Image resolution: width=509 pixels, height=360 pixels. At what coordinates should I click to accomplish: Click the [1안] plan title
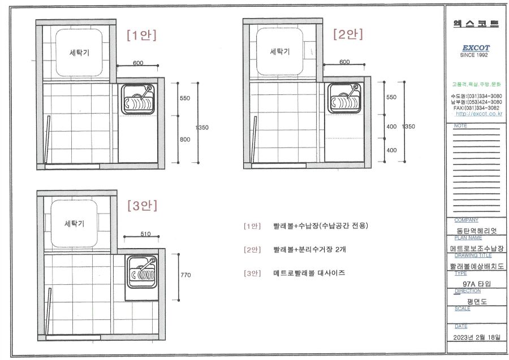pyautogui.click(x=141, y=35)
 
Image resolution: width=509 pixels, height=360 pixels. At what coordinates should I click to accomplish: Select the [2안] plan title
pyautogui.click(x=348, y=34)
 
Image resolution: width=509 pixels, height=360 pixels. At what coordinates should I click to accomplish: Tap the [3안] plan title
pyautogui.click(x=142, y=205)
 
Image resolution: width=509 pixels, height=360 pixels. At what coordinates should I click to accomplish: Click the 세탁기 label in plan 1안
pyautogui.click(x=79, y=53)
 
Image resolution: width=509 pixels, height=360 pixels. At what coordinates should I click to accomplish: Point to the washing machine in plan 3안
pyautogui.click(x=74, y=223)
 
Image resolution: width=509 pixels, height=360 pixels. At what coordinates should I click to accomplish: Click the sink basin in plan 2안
pyautogui.click(x=344, y=98)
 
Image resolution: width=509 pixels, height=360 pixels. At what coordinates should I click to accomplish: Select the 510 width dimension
pyautogui.click(x=145, y=234)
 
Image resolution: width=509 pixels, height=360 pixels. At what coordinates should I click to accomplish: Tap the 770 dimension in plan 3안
pyautogui.click(x=186, y=275)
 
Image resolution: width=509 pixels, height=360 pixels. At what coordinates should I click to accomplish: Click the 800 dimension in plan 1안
pyautogui.click(x=185, y=140)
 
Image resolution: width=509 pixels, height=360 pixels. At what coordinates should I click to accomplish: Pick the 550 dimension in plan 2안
pyautogui.click(x=391, y=97)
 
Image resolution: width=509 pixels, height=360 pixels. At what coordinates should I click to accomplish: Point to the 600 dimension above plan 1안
pyautogui.click(x=138, y=63)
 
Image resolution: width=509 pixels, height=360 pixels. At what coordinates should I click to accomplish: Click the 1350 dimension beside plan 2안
pyautogui.click(x=409, y=127)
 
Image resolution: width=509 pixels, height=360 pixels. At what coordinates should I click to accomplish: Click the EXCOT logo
pyautogui.click(x=476, y=47)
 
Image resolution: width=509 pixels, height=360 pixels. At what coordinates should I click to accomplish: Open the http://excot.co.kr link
pyautogui.click(x=479, y=114)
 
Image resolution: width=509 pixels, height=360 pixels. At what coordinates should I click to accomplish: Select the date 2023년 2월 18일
pyautogui.click(x=477, y=337)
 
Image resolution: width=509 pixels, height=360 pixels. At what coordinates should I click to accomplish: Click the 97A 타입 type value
pyautogui.click(x=477, y=284)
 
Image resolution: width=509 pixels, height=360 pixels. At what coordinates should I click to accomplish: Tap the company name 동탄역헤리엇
pyautogui.click(x=477, y=231)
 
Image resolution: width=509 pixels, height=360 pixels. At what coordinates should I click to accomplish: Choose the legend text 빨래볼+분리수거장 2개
pyautogui.click(x=309, y=249)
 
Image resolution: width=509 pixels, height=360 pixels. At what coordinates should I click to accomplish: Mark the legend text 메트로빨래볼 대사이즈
pyautogui.click(x=309, y=273)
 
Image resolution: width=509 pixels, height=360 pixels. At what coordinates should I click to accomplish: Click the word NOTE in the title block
pyautogui.click(x=460, y=125)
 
